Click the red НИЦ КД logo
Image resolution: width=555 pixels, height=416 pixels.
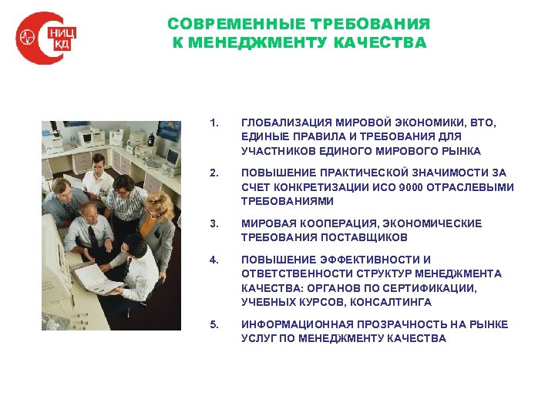point(45,39)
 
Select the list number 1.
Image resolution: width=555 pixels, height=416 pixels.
point(214,122)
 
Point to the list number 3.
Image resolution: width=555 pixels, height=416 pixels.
point(214,223)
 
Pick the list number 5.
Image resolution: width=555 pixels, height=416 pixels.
point(214,324)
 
